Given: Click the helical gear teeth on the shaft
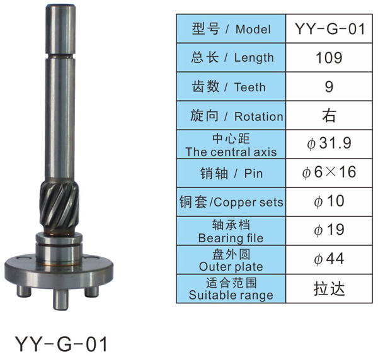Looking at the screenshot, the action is [59, 207].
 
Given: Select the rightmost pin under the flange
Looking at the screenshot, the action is [92, 291].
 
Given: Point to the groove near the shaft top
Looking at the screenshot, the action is [60, 56].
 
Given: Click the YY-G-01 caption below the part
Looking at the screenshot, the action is [61, 344].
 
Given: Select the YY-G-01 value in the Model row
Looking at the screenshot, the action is [329, 29].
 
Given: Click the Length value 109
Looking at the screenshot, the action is [329, 58].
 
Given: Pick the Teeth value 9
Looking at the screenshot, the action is [329, 87].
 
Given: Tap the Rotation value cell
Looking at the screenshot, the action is [329, 116].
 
